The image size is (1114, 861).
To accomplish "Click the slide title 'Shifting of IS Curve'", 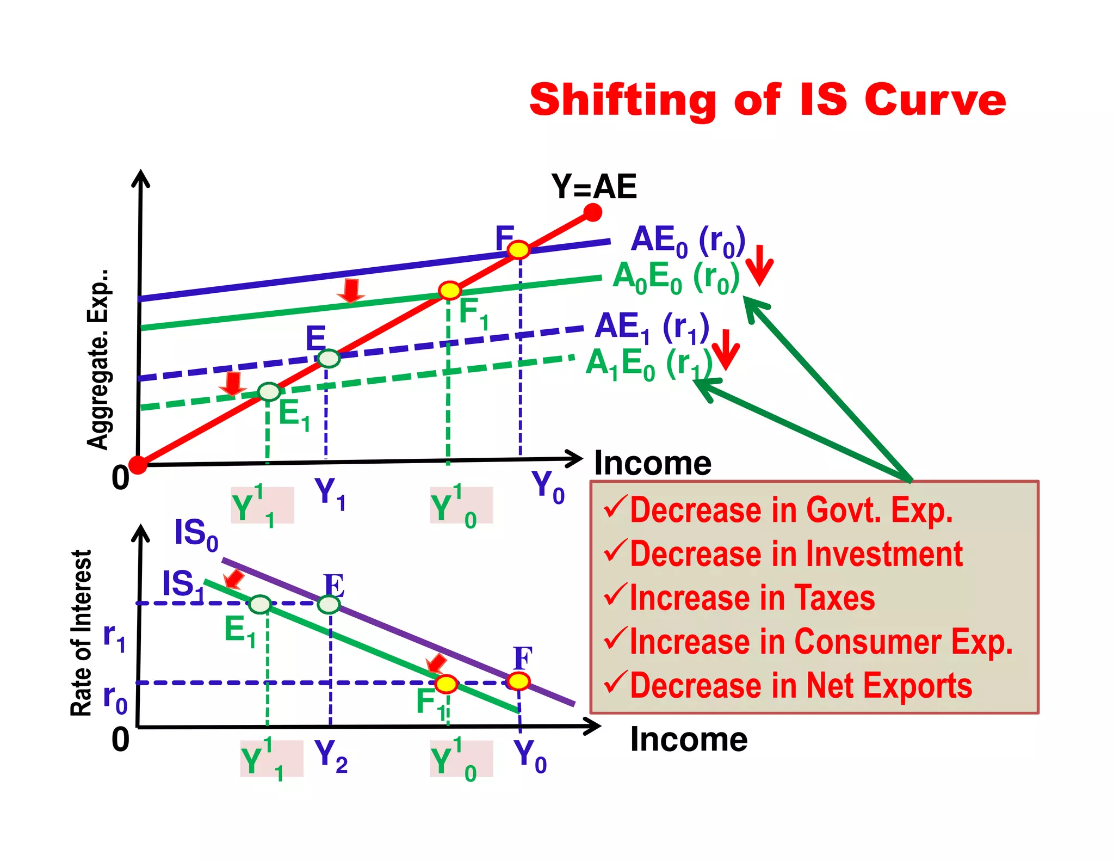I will coord(767,100).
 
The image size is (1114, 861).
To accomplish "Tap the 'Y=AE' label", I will coord(593,187).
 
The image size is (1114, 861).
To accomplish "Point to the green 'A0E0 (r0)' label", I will coord(676,277).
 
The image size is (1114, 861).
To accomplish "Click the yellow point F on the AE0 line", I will coord(518,250).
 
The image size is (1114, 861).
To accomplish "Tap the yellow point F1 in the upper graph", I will coord(450,291).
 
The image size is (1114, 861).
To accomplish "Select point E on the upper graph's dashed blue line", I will coord(329,358).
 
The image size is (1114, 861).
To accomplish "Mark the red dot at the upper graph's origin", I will coord(138,465).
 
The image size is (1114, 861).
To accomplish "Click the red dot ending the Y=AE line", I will coord(592,212).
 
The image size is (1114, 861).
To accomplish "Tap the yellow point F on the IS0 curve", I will coord(518,681).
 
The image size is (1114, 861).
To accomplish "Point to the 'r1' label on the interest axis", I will coord(114,637).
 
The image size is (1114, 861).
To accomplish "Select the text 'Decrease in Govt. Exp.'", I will coord(791,511).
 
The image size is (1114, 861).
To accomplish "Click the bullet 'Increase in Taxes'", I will coord(752,598).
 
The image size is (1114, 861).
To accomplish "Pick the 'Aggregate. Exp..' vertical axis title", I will coord(98,359).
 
